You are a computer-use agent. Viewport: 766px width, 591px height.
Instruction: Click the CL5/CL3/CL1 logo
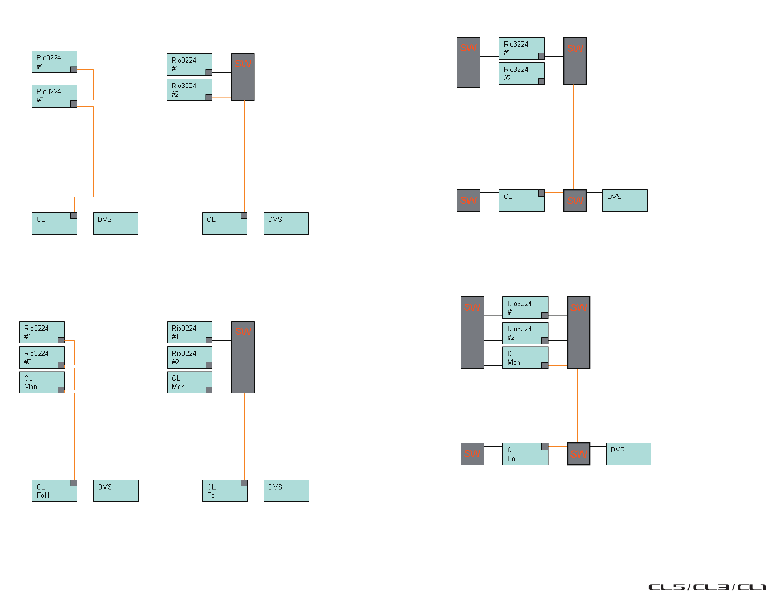706,587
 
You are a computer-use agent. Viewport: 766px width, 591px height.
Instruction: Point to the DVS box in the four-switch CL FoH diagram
628,454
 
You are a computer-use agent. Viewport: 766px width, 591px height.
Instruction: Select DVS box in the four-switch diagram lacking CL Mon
624,201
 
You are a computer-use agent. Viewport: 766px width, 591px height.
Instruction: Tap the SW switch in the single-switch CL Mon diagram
243,357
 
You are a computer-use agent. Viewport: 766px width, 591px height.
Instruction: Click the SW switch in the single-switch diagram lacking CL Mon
243,77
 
